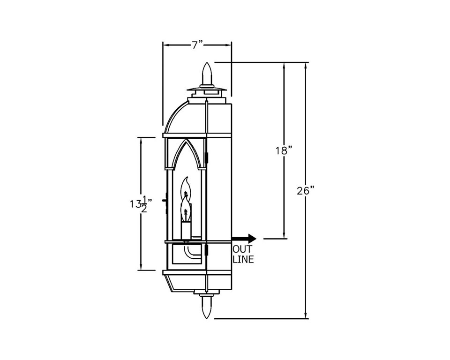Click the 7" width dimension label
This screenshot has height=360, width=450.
(197, 45)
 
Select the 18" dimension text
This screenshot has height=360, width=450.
(284, 150)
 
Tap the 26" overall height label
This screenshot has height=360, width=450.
(305, 190)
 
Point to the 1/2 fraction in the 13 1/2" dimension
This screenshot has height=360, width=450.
(144, 204)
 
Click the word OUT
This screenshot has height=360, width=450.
(243, 249)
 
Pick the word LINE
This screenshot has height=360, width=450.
(243, 259)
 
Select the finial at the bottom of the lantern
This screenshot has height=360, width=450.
(207, 307)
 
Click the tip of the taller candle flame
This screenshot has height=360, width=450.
(187, 179)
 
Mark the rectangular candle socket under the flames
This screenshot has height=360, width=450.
(186, 230)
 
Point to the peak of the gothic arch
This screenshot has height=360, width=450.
(186, 140)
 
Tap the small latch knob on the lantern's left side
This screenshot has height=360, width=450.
(164, 200)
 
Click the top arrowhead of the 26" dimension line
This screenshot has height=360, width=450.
(306, 66)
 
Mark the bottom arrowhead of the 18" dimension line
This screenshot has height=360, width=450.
(284, 235)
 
